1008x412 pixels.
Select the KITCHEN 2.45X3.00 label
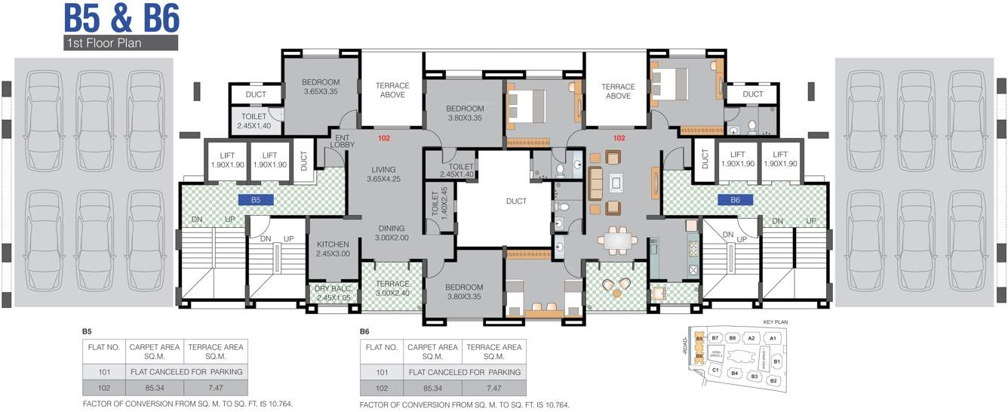click(x=333, y=249)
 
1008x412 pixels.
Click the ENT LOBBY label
click(x=342, y=140)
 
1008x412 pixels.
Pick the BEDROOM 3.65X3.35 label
click(x=321, y=87)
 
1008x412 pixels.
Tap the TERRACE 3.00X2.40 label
click(x=392, y=288)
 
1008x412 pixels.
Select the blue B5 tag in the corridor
click(x=256, y=201)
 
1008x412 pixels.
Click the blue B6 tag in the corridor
click(x=735, y=201)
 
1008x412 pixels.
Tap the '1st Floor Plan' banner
click(x=121, y=43)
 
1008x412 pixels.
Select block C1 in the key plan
click(x=715, y=370)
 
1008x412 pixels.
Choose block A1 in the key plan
click(x=773, y=339)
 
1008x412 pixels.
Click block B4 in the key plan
click(x=735, y=373)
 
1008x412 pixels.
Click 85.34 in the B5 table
click(x=155, y=388)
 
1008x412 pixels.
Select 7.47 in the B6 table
click(x=493, y=388)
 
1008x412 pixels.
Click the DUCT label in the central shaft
click(x=516, y=201)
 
